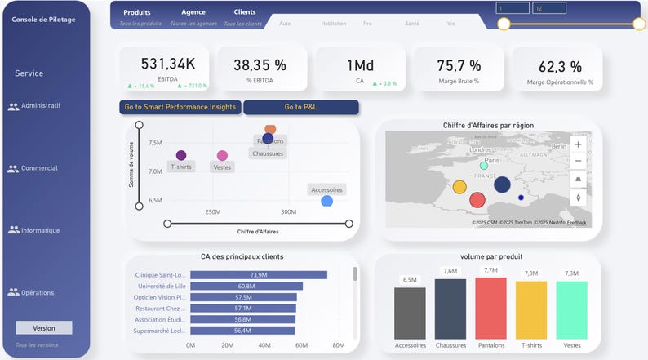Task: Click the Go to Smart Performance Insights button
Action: [180, 107]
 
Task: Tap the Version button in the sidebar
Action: [44, 327]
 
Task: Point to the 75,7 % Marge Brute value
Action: [458, 66]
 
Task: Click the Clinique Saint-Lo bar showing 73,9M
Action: [258, 275]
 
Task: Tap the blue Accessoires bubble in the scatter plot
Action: [327, 201]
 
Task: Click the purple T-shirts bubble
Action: [181, 155]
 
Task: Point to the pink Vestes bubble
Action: [222, 155]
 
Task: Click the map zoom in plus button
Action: [579, 144]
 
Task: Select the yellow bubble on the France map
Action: [459, 187]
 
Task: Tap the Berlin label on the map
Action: [558, 147]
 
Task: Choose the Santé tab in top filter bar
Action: [412, 24]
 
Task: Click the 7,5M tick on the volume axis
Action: [155, 143]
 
